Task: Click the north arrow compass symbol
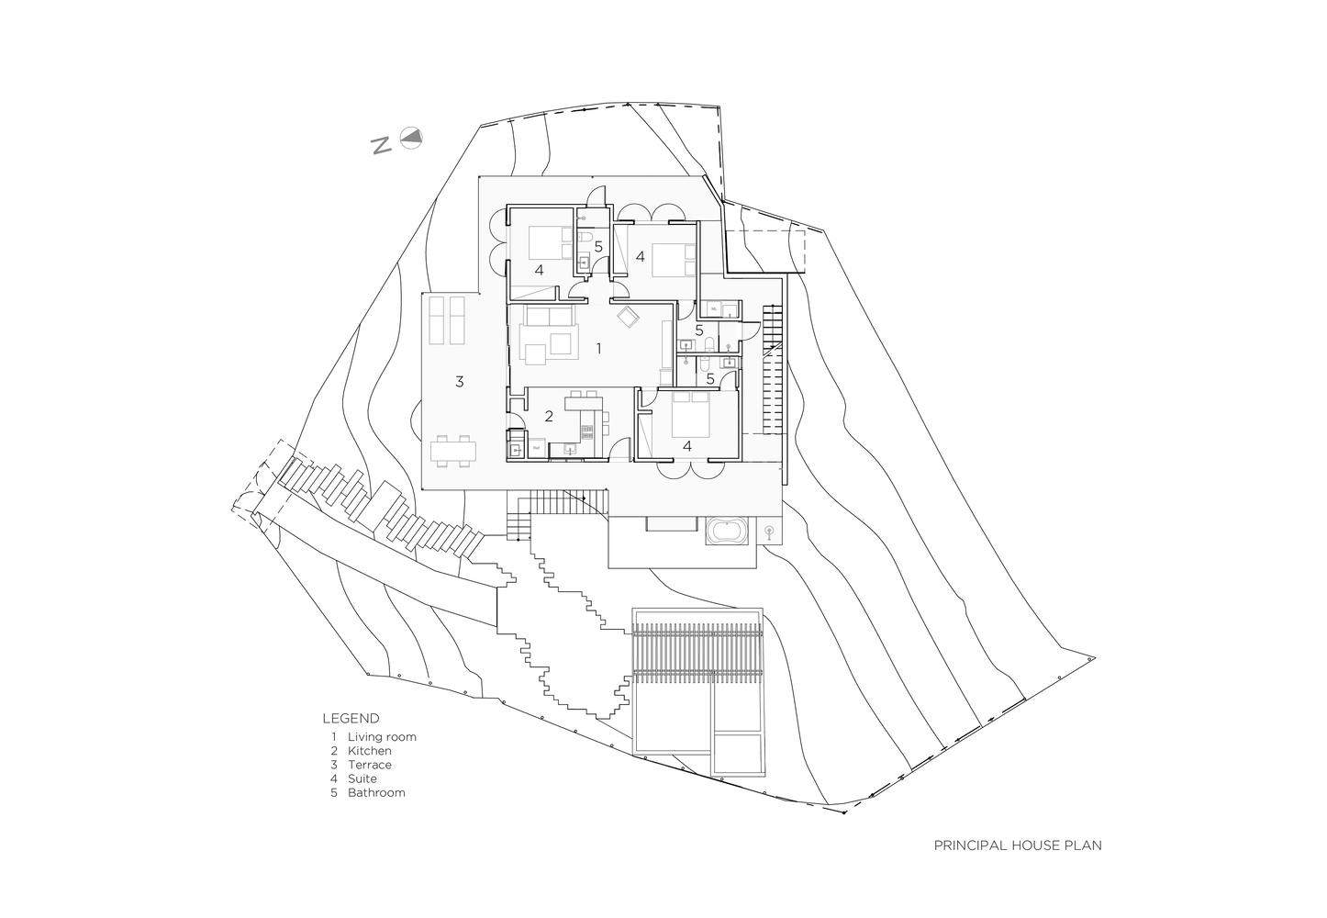413,138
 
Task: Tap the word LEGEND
351,719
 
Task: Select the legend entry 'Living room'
381,737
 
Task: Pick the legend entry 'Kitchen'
369,751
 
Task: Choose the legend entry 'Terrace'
369,765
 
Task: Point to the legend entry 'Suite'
362,778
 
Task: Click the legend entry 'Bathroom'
375,792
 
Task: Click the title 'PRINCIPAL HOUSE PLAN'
1017,845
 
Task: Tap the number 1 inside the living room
598,348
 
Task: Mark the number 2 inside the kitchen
549,416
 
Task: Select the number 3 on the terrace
460,382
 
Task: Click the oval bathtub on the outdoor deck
728,532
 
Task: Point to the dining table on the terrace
454,451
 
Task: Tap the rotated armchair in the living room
629,318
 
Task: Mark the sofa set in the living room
549,334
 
